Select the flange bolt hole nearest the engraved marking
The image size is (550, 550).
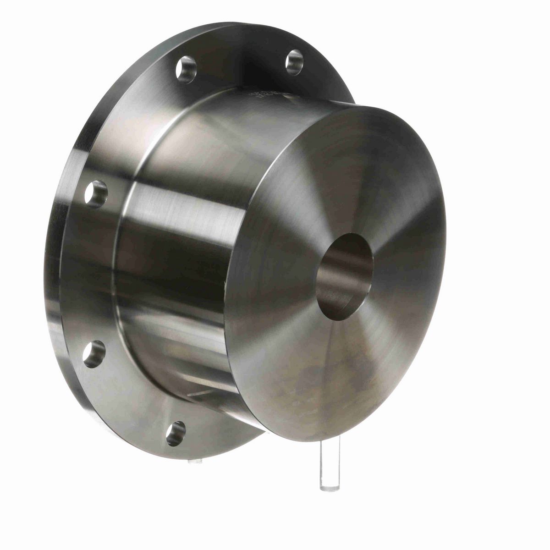[x=294, y=61]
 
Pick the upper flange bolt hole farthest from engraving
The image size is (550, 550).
[x=185, y=69]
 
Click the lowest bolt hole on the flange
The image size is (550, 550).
[x=176, y=433]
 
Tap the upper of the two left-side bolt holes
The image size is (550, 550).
[x=96, y=194]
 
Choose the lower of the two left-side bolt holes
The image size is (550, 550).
[x=95, y=353]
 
